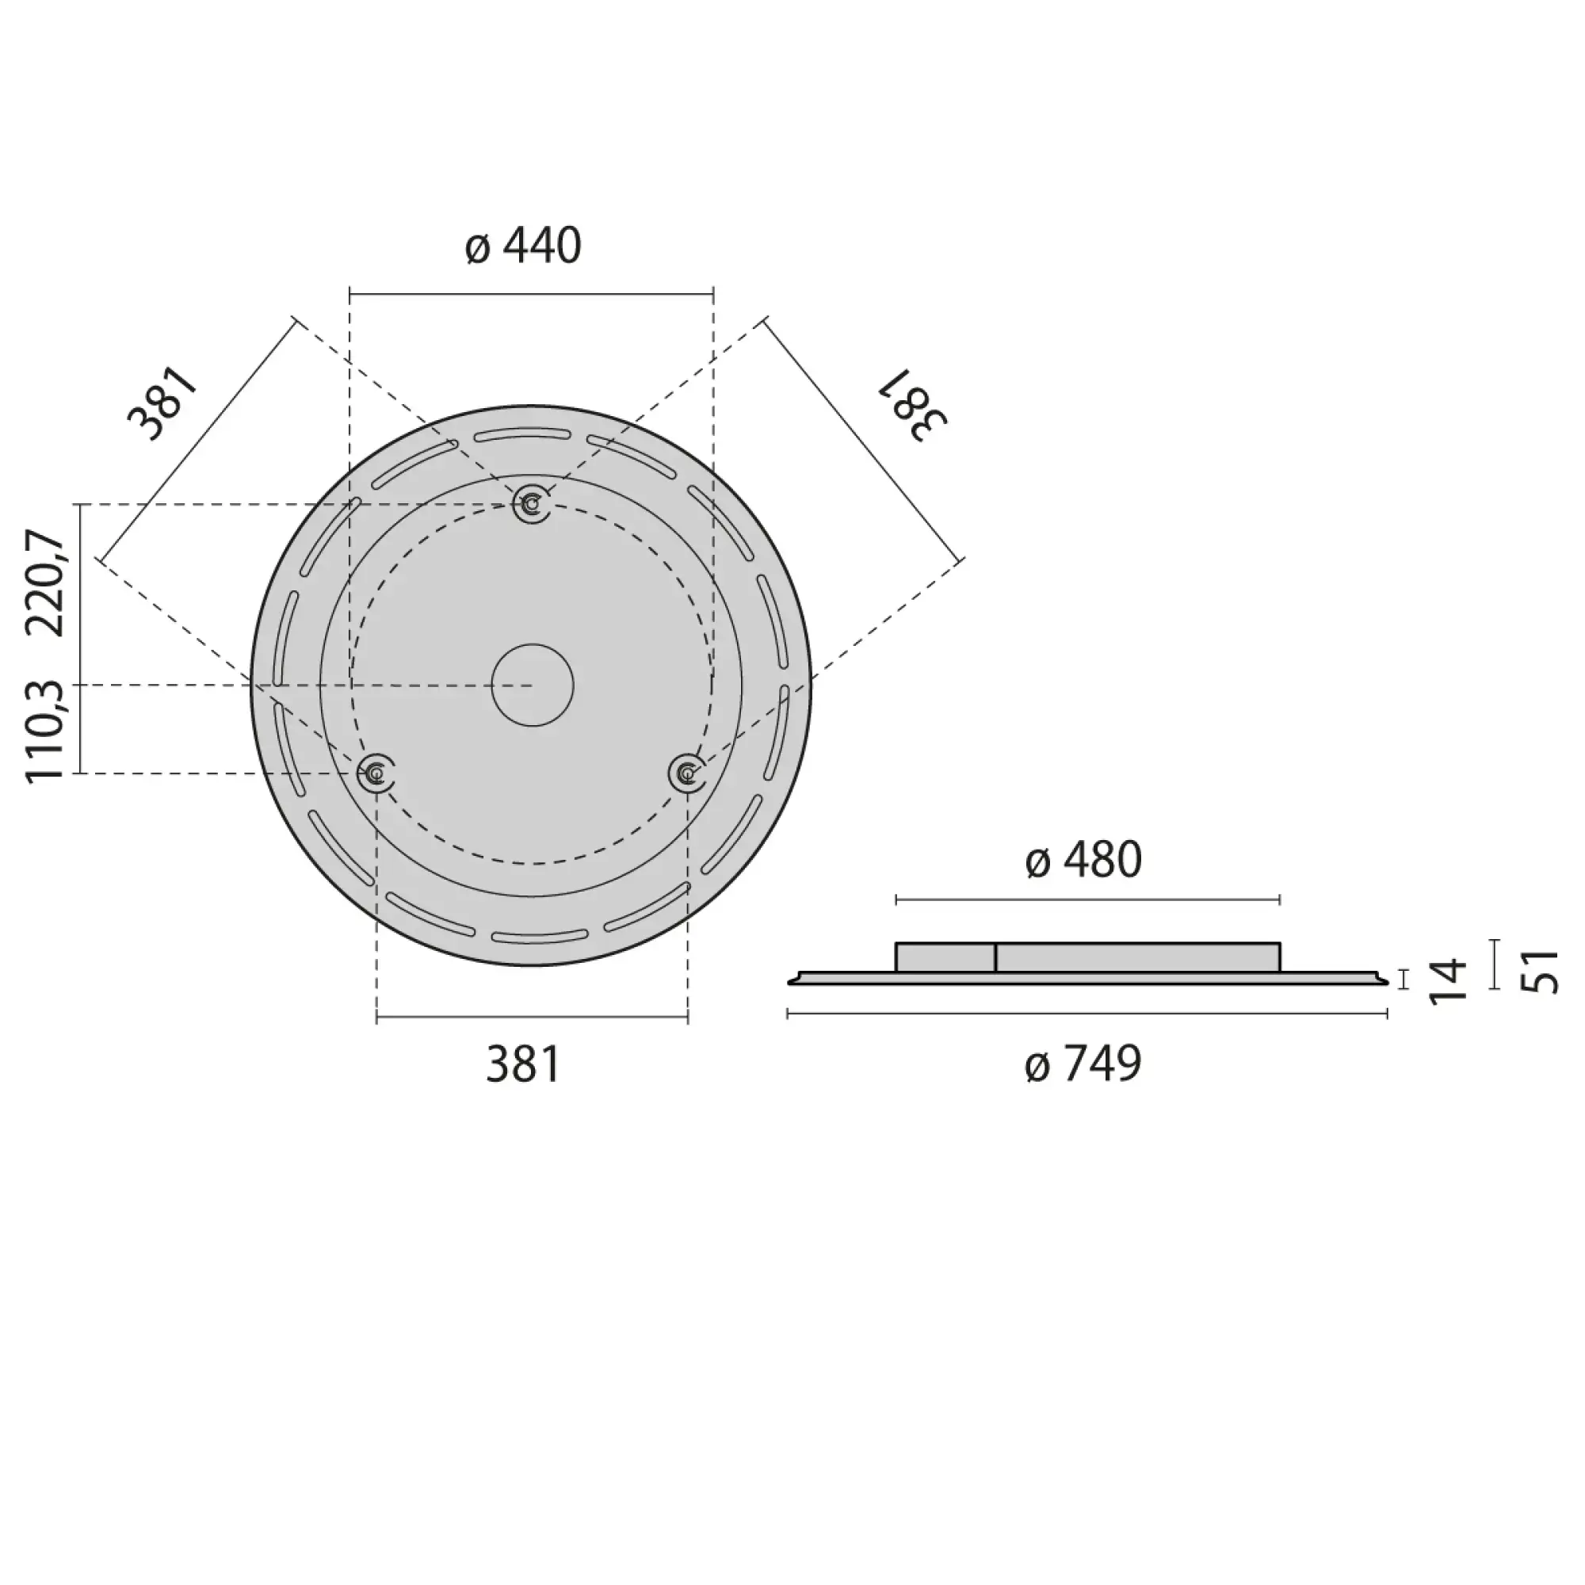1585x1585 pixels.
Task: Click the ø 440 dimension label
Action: pos(523,246)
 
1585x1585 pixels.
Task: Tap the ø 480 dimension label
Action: pos(1083,860)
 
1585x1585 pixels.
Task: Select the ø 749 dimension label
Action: pos(1083,1064)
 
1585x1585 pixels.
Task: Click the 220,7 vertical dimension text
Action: pos(46,583)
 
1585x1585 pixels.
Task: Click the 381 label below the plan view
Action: pos(522,1065)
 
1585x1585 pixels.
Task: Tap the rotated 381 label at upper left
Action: pos(163,404)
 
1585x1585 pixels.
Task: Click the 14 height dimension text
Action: pos(1447,980)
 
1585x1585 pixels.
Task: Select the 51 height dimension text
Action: pos(1540,971)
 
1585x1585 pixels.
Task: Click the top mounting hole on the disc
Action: pos(532,504)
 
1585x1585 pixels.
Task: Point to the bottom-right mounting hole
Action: pos(686,772)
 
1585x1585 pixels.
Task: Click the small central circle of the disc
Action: pos(533,685)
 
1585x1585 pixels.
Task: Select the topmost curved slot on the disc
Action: pos(522,435)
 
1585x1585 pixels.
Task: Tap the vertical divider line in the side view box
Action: pos(995,958)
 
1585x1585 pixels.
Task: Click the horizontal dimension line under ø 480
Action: pos(1088,901)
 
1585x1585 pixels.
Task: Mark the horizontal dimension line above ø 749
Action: pos(1088,1015)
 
